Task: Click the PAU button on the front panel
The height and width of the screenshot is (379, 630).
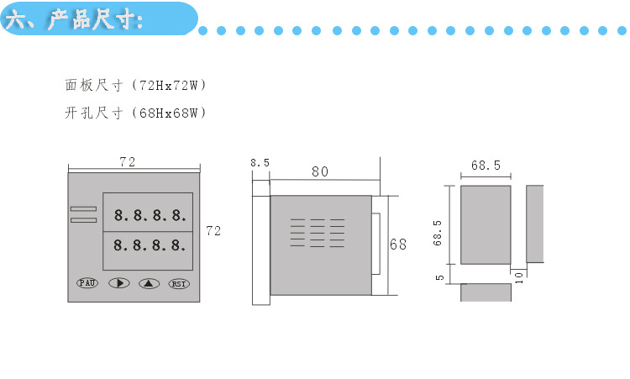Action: tap(87, 283)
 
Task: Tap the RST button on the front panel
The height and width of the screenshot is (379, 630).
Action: tap(179, 283)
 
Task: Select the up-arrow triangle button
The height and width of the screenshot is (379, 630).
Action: tap(149, 283)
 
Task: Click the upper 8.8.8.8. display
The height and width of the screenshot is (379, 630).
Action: tap(150, 215)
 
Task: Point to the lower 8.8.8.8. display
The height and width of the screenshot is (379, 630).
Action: tap(150, 245)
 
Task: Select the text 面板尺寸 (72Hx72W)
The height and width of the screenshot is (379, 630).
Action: tap(135, 86)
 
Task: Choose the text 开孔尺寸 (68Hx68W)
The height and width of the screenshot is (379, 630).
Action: tap(135, 112)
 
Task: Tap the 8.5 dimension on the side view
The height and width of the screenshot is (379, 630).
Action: tap(260, 163)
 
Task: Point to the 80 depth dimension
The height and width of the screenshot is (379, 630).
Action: tap(319, 171)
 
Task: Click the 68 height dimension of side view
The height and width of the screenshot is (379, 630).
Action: tap(398, 245)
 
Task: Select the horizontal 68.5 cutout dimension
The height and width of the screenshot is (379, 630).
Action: tap(486, 166)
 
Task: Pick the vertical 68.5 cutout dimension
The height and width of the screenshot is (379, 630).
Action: tap(438, 233)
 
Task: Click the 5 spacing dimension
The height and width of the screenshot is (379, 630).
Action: tap(439, 277)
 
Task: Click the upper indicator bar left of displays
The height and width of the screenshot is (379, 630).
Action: tap(83, 208)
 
